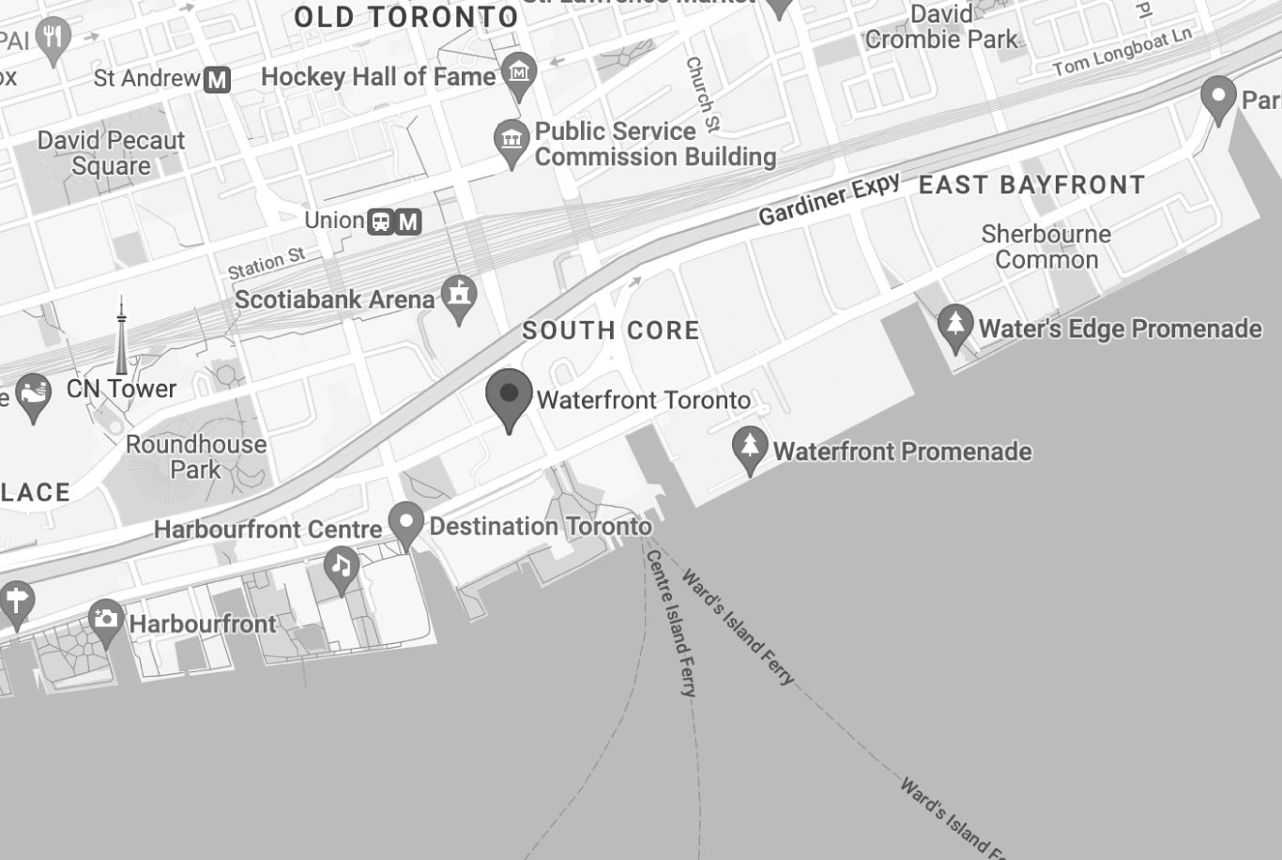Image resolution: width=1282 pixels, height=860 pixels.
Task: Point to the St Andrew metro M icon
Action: (x=217, y=80)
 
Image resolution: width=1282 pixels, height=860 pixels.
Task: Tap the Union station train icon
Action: (x=381, y=222)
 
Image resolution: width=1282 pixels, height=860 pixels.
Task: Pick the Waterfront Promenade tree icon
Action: (x=750, y=448)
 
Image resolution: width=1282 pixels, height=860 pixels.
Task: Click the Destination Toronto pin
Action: (x=406, y=522)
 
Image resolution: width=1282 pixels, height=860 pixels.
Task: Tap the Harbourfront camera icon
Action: (x=106, y=620)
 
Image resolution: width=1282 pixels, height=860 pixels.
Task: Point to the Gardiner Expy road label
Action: (x=829, y=199)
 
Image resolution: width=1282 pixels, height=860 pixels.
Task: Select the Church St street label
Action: (x=702, y=93)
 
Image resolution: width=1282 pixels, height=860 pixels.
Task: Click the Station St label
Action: (x=267, y=263)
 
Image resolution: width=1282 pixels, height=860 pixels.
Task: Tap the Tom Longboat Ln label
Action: (x=1122, y=53)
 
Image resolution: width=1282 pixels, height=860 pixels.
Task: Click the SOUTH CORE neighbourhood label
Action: (x=611, y=330)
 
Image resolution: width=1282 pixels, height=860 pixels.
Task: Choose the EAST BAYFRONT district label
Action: (x=1031, y=185)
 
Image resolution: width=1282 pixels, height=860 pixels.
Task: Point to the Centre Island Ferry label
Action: (x=671, y=622)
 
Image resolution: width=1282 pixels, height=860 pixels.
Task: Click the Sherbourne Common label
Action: (x=1045, y=246)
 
